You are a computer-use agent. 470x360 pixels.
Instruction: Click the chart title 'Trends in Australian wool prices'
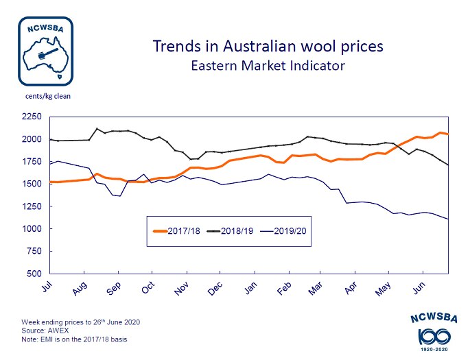pyautogui.click(x=267, y=47)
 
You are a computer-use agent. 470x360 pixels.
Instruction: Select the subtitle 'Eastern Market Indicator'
pyautogui.click(x=267, y=66)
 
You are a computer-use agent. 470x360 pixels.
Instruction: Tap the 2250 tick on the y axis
pyautogui.click(x=32, y=117)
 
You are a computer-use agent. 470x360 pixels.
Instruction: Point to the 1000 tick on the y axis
pyautogui.click(x=32, y=229)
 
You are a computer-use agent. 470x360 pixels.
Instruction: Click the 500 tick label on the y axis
pyautogui.click(x=34, y=274)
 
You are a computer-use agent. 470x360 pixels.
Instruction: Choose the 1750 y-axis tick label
pyautogui.click(x=32, y=162)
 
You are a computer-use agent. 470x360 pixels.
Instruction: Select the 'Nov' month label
pyautogui.click(x=181, y=289)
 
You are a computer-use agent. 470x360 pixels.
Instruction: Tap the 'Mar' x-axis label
pyautogui.click(x=316, y=289)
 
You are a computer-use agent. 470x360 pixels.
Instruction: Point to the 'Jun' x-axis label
pyautogui.click(x=417, y=289)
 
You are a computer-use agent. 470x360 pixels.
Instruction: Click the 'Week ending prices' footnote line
pyautogui.click(x=87, y=321)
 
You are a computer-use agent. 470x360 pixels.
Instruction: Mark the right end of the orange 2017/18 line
pyautogui.click(x=448, y=134)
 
